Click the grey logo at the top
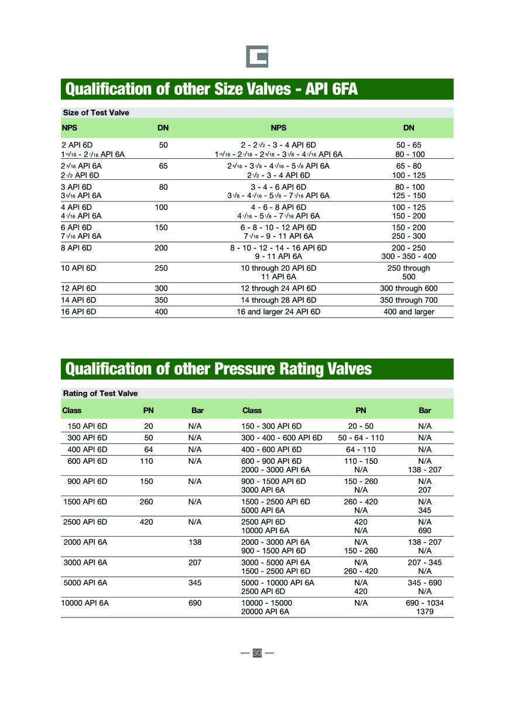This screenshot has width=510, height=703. (256, 57)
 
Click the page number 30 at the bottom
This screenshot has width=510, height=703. (257, 653)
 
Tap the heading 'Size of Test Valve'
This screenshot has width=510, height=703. (96, 112)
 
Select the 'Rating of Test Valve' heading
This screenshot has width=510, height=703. (100, 393)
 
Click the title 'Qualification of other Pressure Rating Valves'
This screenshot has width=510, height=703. (218, 368)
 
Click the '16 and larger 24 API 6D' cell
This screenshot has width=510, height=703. (278, 312)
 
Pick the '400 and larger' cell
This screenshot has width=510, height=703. (409, 312)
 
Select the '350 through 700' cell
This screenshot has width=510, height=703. (409, 300)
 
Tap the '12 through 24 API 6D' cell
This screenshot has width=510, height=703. (278, 288)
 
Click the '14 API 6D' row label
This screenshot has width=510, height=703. (78, 300)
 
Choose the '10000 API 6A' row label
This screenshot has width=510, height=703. (85, 602)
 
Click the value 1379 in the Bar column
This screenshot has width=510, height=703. (425, 611)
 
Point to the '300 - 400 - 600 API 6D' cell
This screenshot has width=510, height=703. (282, 438)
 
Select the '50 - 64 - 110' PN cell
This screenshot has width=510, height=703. (361, 438)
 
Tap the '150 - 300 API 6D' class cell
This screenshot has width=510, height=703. (271, 426)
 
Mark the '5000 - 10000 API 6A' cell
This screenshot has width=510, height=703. (278, 582)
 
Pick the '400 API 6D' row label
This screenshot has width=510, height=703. (87, 449)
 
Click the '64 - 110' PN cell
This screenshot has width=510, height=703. (361, 449)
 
